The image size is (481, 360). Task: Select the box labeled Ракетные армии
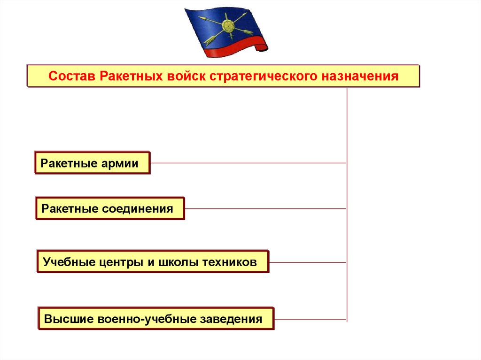coord(92,163)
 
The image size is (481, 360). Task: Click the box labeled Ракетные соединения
coord(110,208)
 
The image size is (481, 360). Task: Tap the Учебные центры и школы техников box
coord(152,262)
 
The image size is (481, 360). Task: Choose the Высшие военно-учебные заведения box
coord(155,319)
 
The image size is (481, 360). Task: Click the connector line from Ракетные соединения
coord(265,208)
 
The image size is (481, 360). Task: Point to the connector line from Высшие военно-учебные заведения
coord(310,320)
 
